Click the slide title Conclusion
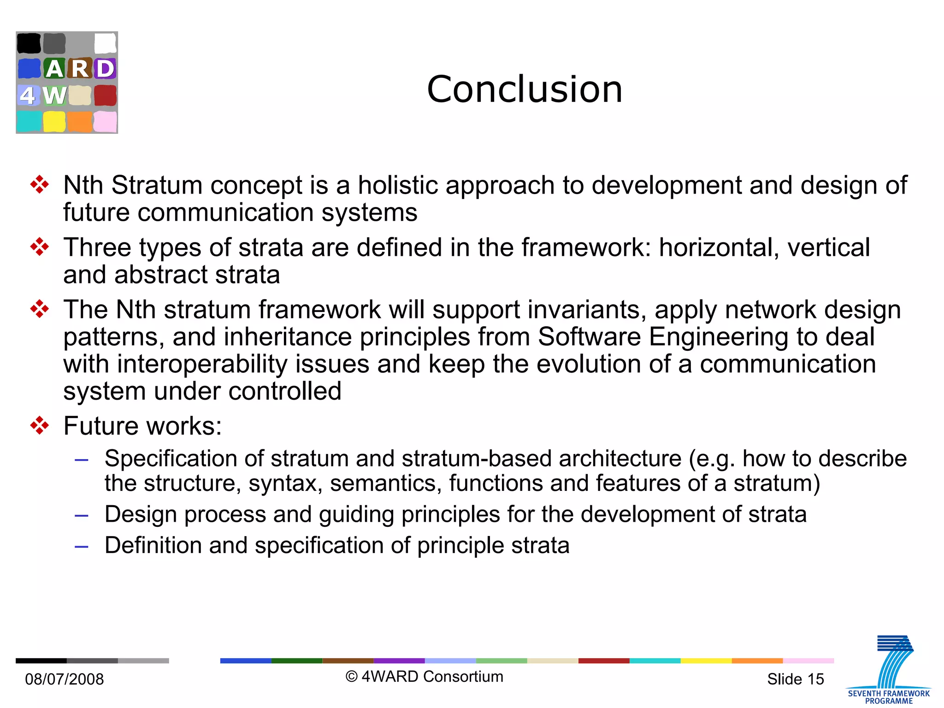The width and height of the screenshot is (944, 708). point(525,89)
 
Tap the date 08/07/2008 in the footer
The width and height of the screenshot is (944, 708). point(65,679)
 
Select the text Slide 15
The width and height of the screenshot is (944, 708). point(795,679)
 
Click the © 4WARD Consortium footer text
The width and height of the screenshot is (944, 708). point(425,676)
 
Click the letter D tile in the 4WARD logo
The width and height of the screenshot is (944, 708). point(105,69)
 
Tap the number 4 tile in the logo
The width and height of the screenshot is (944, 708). point(28,95)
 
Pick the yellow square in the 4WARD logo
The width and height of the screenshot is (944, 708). point(54,122)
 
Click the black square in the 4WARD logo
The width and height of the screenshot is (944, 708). point(29,43)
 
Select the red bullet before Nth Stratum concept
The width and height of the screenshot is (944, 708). point(40,185)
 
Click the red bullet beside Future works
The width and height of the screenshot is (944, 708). point(40,425)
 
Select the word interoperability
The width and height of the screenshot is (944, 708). point(202,364)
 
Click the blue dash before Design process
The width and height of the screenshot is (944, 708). point(82,515)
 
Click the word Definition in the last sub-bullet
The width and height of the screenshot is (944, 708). point(153,545)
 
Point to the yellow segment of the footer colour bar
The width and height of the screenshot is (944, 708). point(706,661)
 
